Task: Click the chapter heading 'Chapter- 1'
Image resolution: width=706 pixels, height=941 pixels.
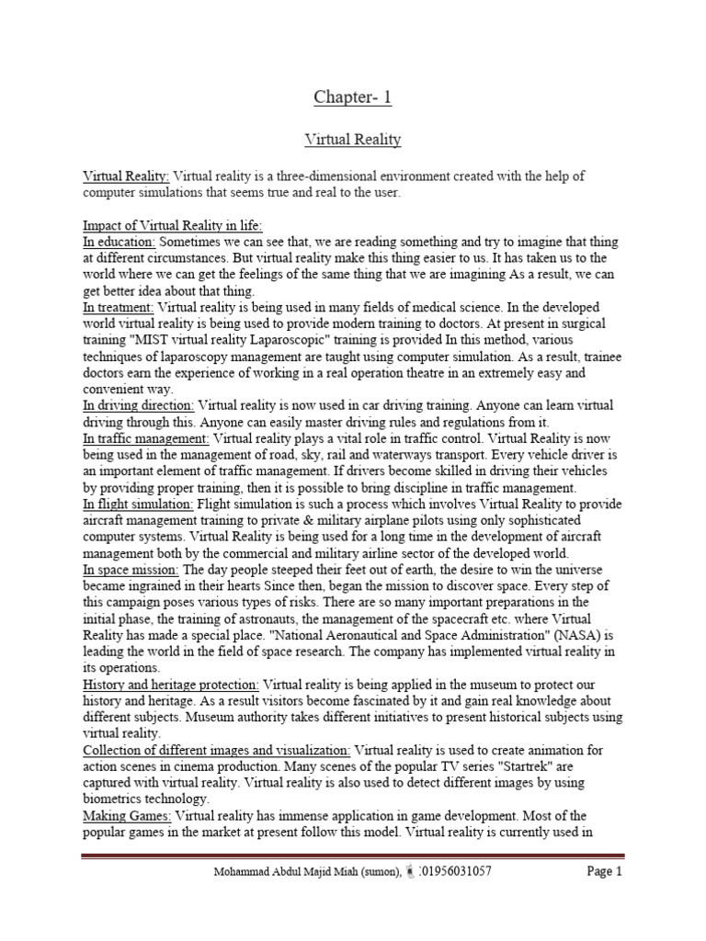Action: point(352,98)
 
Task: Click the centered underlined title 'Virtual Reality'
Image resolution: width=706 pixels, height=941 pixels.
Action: point(352,140)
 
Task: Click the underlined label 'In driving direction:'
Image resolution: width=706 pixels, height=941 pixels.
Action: point(139,405)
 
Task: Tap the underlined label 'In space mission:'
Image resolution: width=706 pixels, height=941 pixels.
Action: point(128,570)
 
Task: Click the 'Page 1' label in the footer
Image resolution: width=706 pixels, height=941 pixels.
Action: point(605,871)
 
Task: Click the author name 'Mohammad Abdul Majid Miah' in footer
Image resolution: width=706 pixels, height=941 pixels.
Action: point(284,872)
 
